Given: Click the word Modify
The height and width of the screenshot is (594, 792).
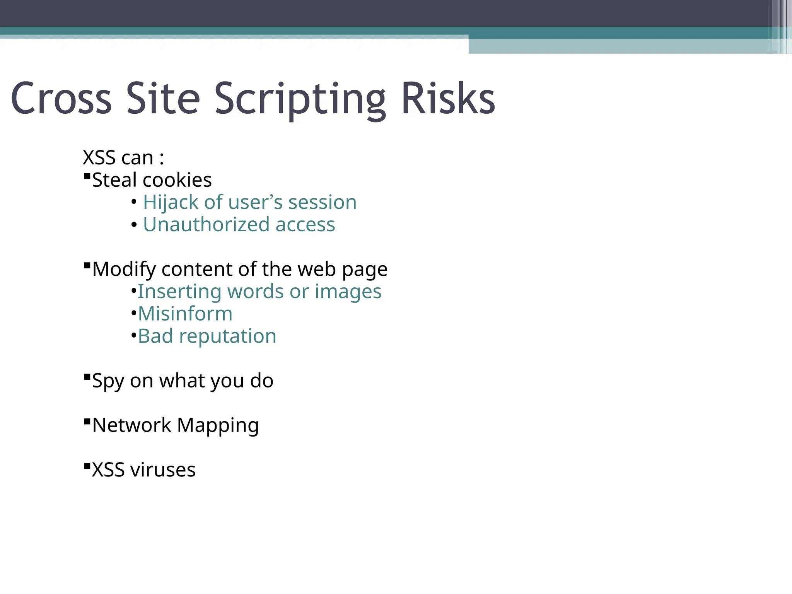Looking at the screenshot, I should [124, 269].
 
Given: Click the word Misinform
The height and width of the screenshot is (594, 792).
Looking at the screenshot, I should [185, 314].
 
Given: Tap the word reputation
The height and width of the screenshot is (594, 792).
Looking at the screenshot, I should [227, 336].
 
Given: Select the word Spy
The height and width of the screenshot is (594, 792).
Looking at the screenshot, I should [108, 381].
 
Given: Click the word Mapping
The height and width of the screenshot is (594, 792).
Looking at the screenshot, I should [218, 425].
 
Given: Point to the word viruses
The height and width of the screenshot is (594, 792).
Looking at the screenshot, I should [163, 470].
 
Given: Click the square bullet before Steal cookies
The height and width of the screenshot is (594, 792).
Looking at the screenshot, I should [87, 176].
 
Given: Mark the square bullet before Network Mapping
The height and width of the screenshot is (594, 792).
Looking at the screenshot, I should [87, 422].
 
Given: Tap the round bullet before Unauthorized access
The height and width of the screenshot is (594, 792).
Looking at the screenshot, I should [134, 225].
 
